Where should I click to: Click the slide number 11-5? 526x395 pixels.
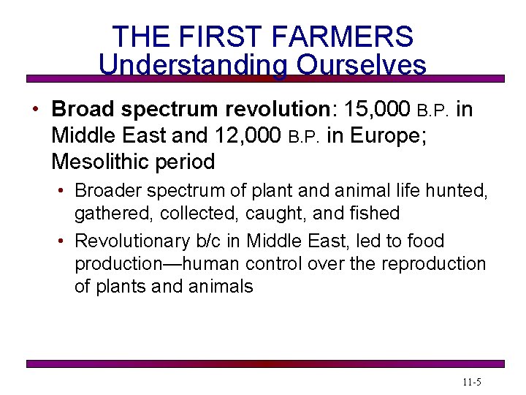pyautogui.click(x=471, y=383)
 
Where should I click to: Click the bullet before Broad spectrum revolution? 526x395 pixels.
pyautogui.click(x=35, y=110)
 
